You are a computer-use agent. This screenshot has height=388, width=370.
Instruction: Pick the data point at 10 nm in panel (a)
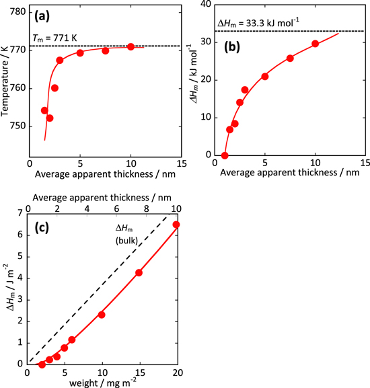pos(131,47)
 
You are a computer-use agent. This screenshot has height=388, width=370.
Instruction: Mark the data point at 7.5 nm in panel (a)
pos(106,51)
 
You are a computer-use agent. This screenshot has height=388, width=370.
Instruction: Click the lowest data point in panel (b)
pos(225,155)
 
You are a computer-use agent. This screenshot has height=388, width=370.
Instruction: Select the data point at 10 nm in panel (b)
pos(315,44)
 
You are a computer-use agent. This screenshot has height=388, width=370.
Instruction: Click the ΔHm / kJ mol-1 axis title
pos(191,83)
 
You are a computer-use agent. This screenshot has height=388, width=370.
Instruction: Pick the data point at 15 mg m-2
pos(139,272)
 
